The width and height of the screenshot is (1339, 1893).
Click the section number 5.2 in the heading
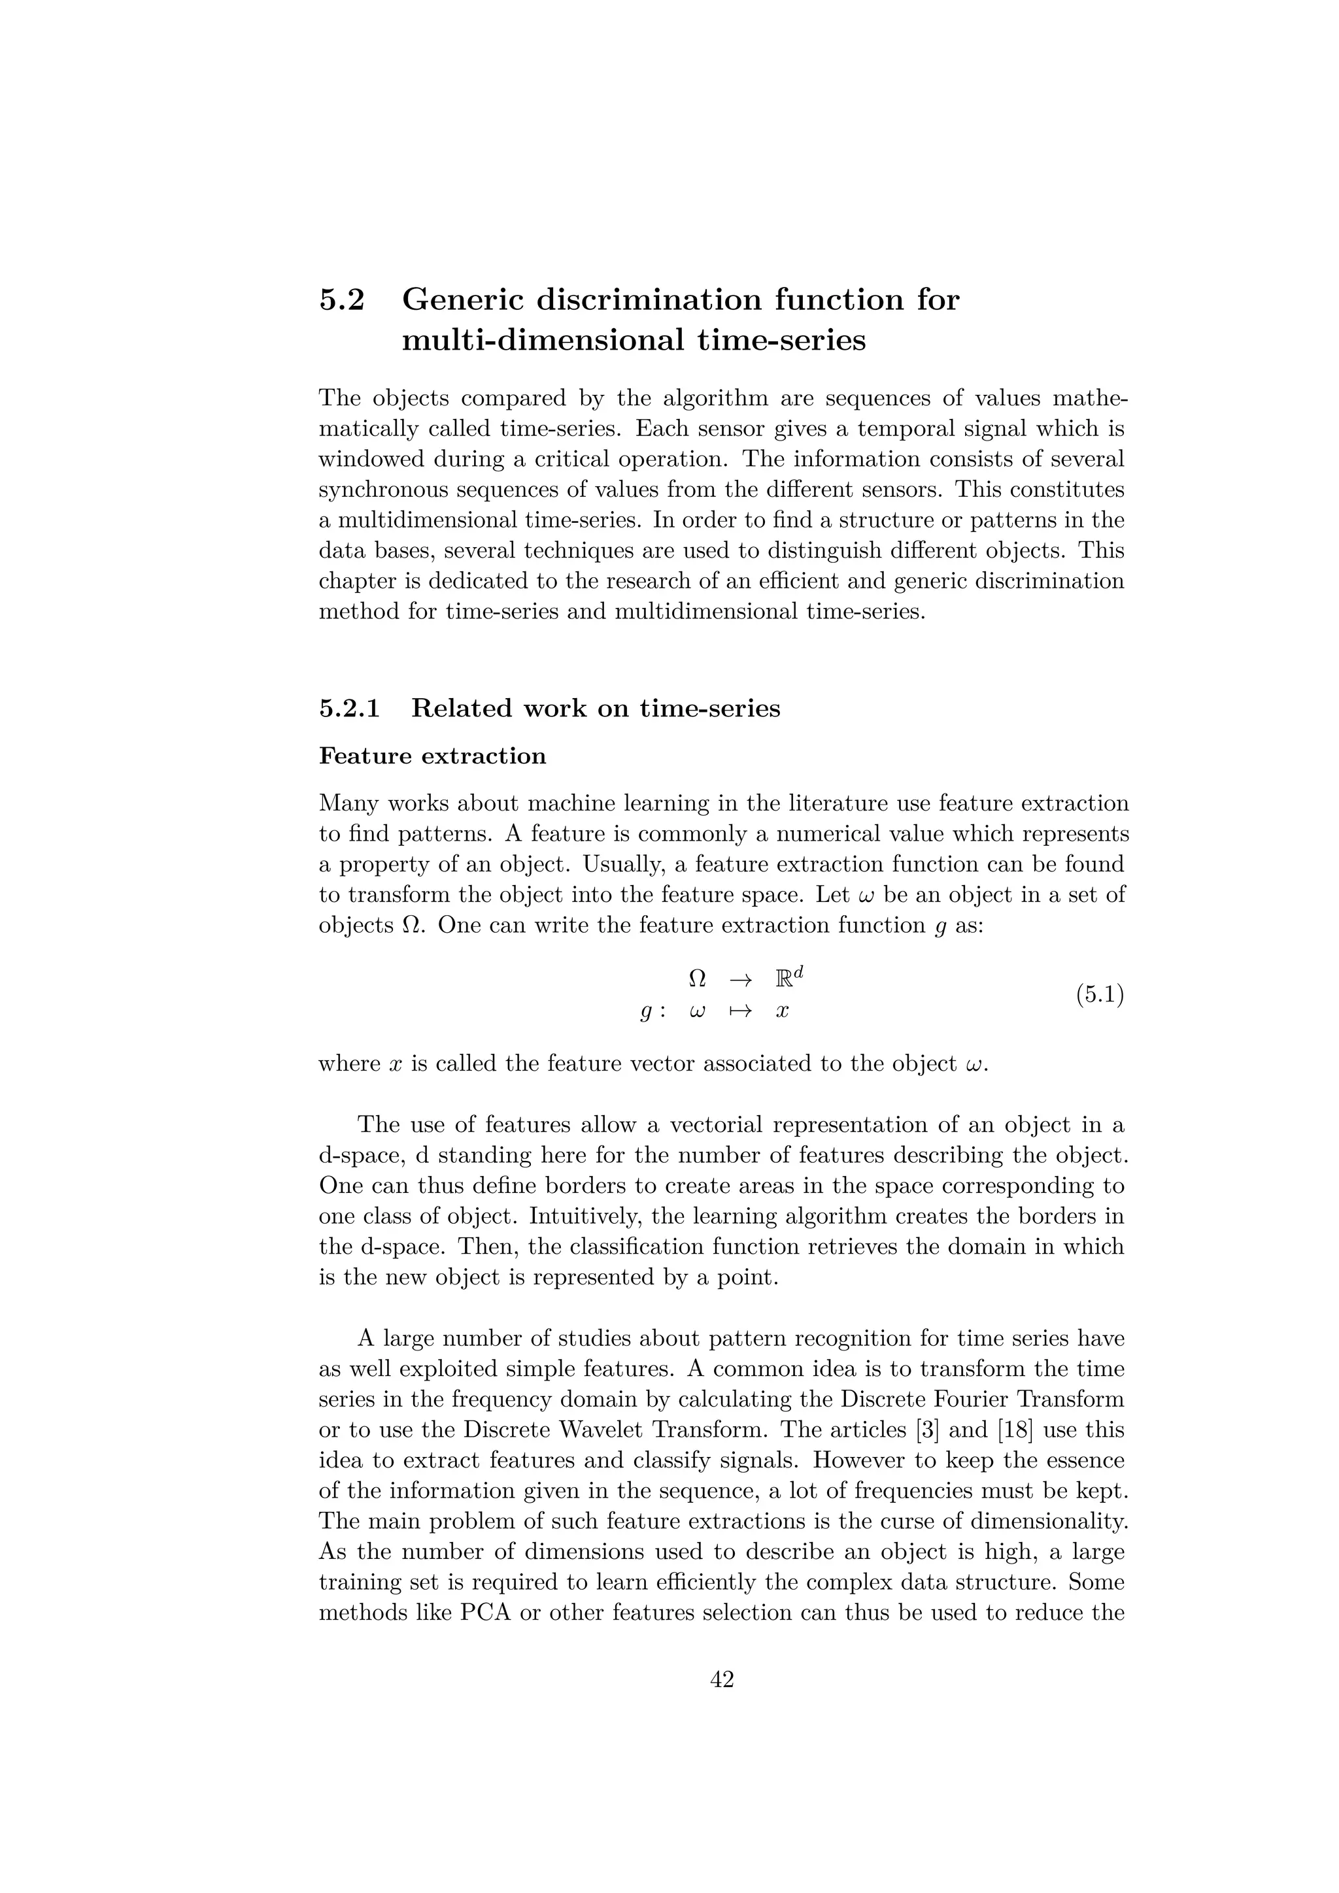click(341, 300)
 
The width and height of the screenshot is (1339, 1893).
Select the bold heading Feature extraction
click(432, 757)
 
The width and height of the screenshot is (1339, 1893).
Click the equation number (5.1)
click(1099, 995)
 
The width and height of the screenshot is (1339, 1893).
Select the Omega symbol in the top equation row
click(697, 979)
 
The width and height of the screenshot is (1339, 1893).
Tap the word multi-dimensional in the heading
click(543, 341)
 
